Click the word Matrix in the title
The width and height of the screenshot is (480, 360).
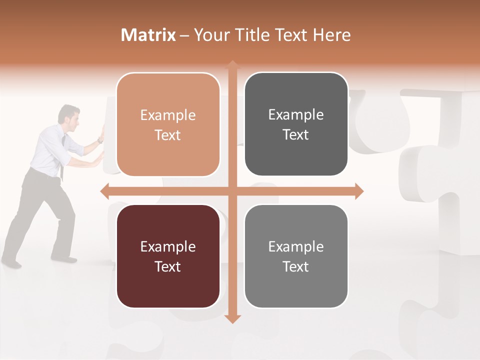click(x=148, y=35)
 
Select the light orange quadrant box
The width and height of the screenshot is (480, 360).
click(x=168, y=124)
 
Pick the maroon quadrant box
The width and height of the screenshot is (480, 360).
click(x=168, y=256)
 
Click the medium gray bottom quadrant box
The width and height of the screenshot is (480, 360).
click(x=296, y=256)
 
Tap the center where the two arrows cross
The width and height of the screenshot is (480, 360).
click(x=232, y=191)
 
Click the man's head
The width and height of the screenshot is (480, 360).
click(x=69, y=115)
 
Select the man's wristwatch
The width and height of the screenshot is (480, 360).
click(x=100, y=141)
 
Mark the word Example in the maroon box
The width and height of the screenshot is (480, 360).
click(x=168, y=247)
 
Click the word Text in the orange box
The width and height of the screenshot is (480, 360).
click(x=168, y=135)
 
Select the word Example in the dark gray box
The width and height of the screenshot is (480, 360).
click(x=296, y=115)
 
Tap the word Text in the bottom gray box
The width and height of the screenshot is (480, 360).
click(x=296, y=266)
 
